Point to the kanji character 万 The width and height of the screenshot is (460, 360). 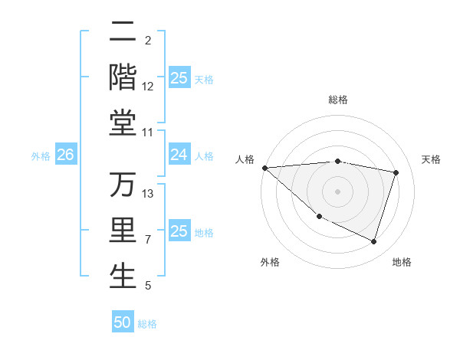click(123, 185)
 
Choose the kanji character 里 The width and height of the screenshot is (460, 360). click(123, 231)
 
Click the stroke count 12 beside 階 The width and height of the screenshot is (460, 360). click(148, 87)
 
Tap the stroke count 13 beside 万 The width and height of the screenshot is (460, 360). click(148, 194)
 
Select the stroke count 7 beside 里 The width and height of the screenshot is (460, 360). click(148, 240)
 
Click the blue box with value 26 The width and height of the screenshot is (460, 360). click(65, 155)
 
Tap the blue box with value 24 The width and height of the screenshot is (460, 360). click(179, 155)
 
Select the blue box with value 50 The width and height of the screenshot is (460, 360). click(123, 322)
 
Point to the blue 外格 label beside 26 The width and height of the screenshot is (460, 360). click(41, 156)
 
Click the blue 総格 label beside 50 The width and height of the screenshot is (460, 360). click(147, 324)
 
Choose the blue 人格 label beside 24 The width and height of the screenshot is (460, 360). click(204, 156)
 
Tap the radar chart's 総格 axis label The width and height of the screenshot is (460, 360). click(337, 100)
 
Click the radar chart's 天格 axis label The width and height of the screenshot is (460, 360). click(432, 159)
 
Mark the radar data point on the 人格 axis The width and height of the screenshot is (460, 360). click(264, 168)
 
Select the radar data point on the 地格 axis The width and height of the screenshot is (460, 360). click(373, 241)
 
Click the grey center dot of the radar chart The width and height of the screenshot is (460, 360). click(337, 191)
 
